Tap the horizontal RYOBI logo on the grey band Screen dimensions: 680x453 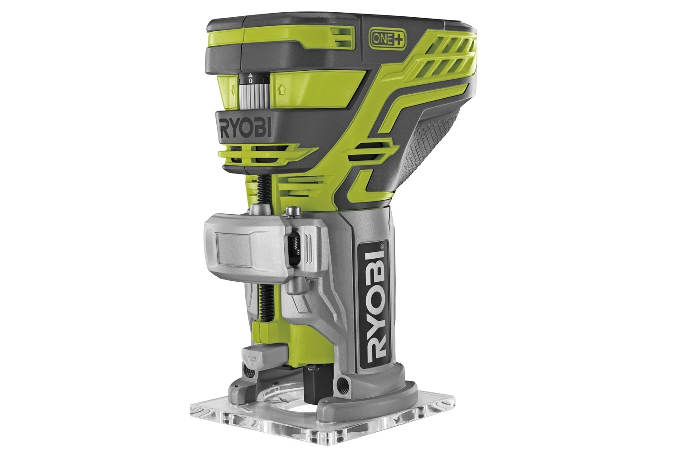click(245, 129)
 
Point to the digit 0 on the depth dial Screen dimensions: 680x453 click(250, 81)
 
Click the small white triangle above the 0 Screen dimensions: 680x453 click(250, 75)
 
